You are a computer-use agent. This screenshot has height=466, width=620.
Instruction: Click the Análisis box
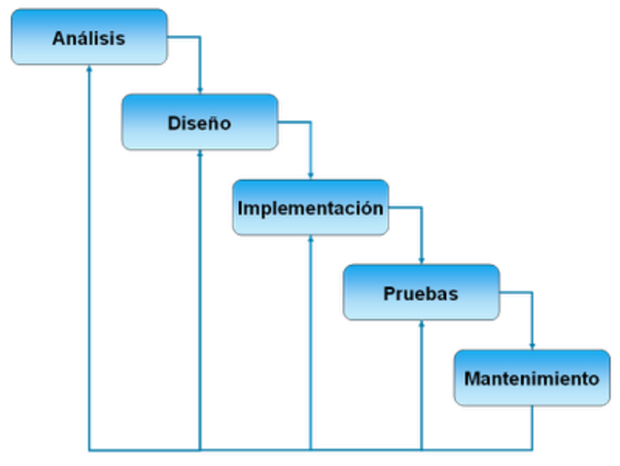88,38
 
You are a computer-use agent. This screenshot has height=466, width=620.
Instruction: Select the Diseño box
199,122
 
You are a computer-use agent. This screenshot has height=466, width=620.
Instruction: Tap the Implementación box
310,208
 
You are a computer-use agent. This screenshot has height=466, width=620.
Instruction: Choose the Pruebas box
421,292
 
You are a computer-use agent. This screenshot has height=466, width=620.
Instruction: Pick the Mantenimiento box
532,378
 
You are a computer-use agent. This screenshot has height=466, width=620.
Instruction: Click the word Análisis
88,39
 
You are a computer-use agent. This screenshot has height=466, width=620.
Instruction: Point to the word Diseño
199,123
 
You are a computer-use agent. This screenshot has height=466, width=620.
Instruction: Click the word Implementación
310,208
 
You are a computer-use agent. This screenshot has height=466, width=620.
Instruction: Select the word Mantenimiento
532,379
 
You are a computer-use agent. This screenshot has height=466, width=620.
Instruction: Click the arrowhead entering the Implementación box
310,174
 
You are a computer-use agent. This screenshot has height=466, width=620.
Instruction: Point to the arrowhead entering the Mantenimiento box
531,344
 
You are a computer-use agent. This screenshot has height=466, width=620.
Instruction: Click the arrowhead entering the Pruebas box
420,258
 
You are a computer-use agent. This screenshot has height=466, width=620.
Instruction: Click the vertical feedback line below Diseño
200,301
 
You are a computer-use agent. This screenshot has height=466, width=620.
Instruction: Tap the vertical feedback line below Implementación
310,345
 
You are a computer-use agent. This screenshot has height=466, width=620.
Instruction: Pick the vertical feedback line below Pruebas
420,388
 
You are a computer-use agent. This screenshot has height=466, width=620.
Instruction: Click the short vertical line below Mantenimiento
531,427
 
